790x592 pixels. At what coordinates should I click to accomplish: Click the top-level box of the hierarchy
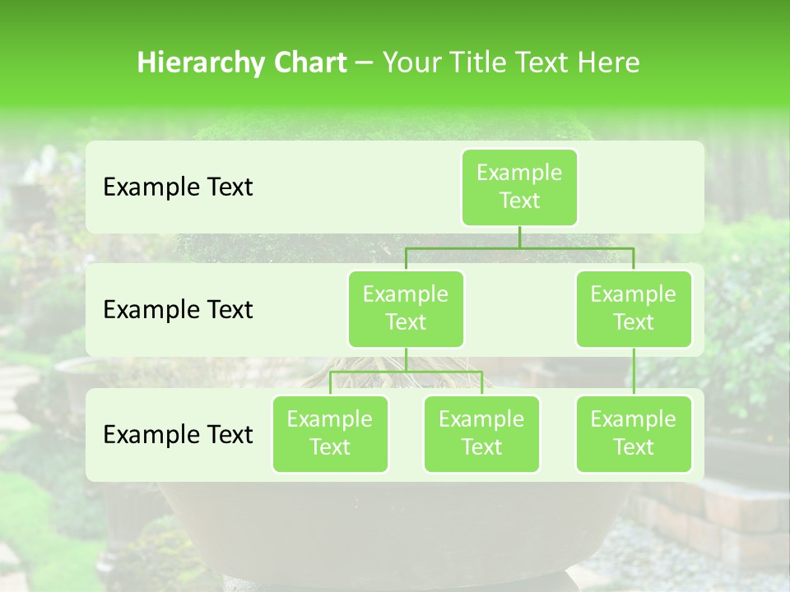tap(519, 187)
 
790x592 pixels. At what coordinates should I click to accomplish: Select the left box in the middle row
tap(406, 308)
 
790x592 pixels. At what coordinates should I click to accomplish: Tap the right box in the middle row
tap(634, 308)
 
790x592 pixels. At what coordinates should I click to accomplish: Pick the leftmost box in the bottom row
tap(330, 433)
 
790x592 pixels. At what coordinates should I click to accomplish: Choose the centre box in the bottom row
tap(481, 433)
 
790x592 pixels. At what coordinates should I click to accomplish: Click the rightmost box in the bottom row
tap(634, 433)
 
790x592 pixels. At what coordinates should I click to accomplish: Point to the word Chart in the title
tap(306, 62)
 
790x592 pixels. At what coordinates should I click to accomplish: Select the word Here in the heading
tap(610, 62)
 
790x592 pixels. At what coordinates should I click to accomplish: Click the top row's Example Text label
tap(178, 187)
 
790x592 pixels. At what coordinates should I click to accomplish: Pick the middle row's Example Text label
tap(178, 310)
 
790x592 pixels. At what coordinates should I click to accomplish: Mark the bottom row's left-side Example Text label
tap(178, 434)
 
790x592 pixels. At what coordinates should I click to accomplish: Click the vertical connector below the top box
tap(519, 237)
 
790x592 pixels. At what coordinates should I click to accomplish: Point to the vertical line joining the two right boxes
tap(634, 372)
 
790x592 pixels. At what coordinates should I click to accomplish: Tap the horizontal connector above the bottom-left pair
tap(406, 372)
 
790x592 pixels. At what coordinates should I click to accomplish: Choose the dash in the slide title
tap(364, 63)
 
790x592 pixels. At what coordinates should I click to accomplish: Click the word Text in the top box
tap(519, 201)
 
